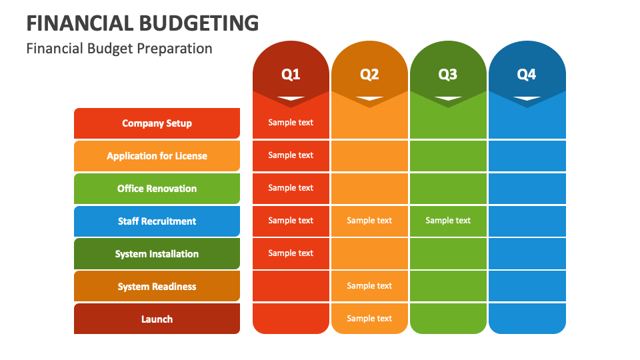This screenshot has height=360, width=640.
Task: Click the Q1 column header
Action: (291, 74)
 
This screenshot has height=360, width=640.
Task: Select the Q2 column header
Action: (369, 74)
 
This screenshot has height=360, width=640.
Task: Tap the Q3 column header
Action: (448, 74)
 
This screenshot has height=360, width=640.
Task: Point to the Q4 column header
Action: (527, 74)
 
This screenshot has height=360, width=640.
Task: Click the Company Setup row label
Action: (157, 123)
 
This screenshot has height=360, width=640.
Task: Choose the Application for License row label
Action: (157, 156)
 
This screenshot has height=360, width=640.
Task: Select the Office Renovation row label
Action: (157, 189)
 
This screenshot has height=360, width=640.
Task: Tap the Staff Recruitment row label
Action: (157, 221)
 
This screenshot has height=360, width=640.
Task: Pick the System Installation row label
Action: (157, 254)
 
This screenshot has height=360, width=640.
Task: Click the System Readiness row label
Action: (157, 287)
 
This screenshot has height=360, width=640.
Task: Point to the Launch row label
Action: (157, 319)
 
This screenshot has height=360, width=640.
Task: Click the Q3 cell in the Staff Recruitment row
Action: (448, 221)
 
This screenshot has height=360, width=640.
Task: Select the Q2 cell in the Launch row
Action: (369, 319)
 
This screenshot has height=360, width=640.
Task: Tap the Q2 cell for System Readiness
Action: (369, 286)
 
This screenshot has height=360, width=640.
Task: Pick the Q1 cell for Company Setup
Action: (291, 123)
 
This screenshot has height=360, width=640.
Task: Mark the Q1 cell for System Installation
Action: (291, 253)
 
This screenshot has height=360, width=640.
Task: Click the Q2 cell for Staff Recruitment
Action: (369, 221)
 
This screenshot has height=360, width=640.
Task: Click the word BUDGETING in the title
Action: (199, 23)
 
